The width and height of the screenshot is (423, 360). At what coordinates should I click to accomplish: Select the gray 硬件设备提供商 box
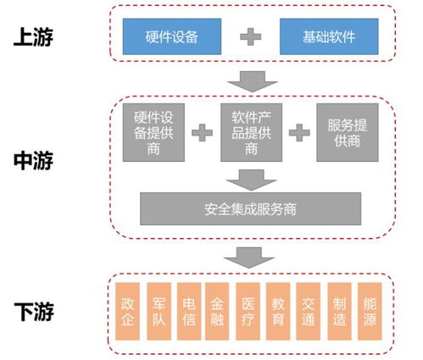click(x=153, y=132)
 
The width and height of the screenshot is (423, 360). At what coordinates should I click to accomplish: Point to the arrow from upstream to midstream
click(x=249, y=82)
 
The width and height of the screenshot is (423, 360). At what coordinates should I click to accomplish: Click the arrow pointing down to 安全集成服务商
click(x=249, y=177)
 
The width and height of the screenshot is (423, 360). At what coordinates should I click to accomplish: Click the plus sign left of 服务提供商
click(x=298, y=132)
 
